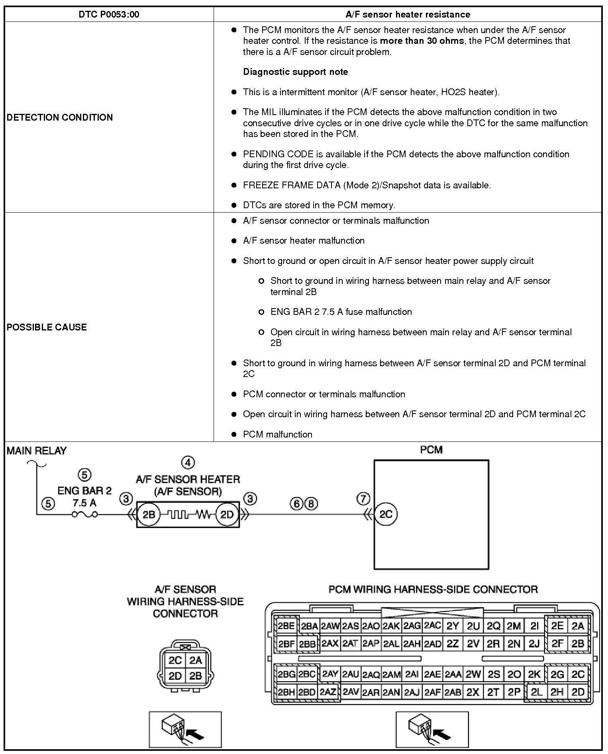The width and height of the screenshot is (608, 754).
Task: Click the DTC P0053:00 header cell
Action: [x=109, y=15]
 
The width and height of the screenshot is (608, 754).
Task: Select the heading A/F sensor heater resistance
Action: [x=408, y=15]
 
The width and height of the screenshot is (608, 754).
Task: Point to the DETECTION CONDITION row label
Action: [x=60, y=117]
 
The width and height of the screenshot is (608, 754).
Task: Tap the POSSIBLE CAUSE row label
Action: [x=47, y=327]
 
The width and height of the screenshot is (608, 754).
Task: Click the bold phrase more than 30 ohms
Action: [x=422, y=41]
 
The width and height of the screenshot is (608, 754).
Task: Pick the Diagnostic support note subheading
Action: [x=295, y=72]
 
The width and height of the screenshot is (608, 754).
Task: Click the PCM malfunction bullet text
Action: [x=277, y=434]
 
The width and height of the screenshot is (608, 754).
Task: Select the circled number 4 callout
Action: [x=188, y=463]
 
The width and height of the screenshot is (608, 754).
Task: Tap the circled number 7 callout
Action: [x=363, y=498]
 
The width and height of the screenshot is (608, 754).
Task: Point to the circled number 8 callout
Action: [x=311, y=504]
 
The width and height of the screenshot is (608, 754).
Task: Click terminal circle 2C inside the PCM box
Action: [x=386, y=514]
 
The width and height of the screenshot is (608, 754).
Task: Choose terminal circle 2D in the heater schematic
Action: [x=227, y=515]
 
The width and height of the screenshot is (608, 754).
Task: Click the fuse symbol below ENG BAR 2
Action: [x=84, y=514]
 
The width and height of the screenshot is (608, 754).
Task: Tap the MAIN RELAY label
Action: [x=37, y=451]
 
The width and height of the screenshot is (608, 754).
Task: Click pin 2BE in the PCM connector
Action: [x=286, y=626]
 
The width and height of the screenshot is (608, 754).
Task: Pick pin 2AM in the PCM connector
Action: [x=391, y=674]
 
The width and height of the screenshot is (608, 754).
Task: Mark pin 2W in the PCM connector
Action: [x=473, y=674]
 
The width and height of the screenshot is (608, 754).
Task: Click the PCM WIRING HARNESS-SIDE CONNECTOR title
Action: [x=433, y=590]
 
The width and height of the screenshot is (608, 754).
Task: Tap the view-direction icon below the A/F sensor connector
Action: [x=185, y=730]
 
